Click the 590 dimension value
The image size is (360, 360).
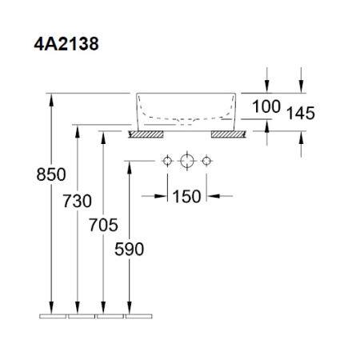point(129,248)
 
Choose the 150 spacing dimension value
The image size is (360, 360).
point(186,195)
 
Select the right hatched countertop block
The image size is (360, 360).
point(226,135)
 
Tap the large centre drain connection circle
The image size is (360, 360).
point(186,162)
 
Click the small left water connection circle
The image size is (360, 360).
point(166,162)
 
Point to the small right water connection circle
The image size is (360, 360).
point(206,162)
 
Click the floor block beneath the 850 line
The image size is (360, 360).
point(53,316)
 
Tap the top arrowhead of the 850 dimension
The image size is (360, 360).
point(53,98)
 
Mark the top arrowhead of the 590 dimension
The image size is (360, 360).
point(129,166)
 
